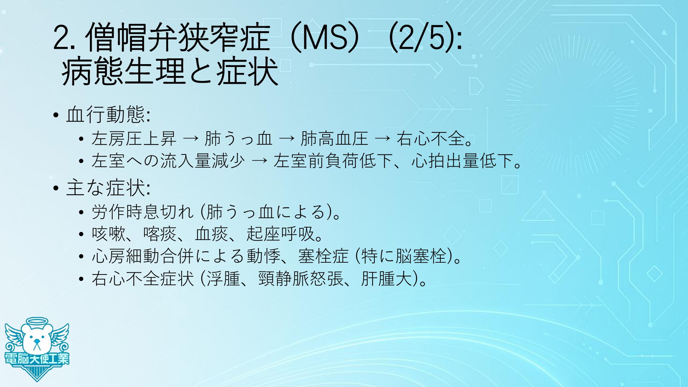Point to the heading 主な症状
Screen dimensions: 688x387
tap(105, 188)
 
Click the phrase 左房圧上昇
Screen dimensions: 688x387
tap(134, 139)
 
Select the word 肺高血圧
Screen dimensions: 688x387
tap(334, 139)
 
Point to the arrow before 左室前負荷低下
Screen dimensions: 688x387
tap(259, 161)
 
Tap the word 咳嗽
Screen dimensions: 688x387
tap(109, 234)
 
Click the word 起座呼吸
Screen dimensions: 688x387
tap(280, 234)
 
